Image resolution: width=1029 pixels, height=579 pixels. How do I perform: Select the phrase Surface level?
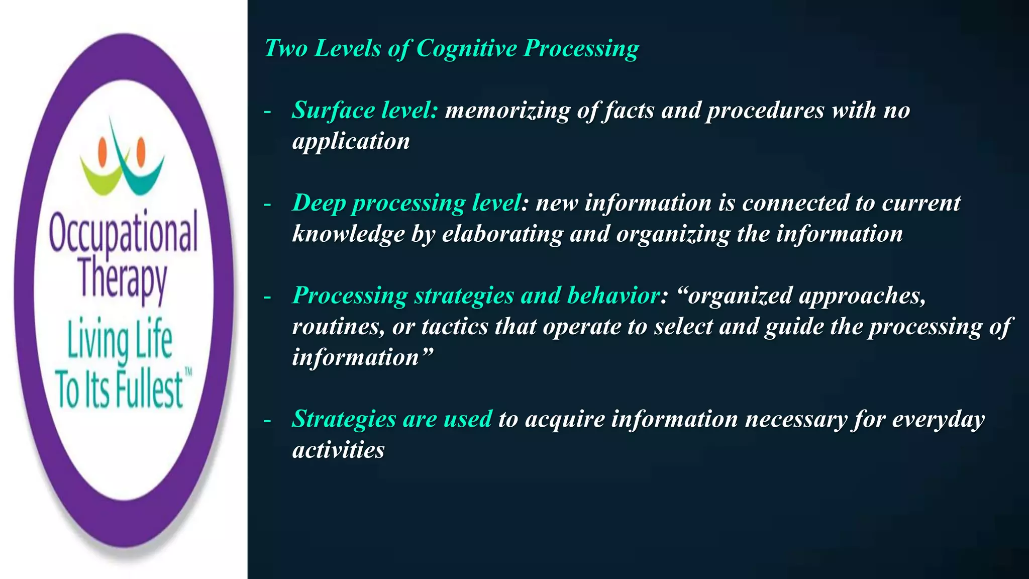365,110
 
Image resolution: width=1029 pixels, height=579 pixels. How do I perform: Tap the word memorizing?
507,111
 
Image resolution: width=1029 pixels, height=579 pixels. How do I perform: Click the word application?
351,142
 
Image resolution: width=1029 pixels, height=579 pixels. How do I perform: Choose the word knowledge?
348,234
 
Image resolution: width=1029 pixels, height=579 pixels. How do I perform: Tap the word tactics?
455,327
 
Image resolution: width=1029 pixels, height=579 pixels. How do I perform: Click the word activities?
338,450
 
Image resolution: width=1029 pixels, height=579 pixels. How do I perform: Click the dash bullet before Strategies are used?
267,420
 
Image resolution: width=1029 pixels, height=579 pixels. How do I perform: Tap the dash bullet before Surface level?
267,112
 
